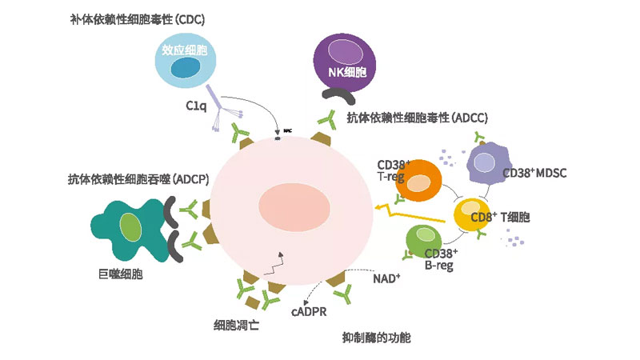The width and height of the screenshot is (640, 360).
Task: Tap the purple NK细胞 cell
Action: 346,61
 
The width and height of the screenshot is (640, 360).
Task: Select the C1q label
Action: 196,105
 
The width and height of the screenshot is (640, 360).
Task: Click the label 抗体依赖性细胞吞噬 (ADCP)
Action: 138,180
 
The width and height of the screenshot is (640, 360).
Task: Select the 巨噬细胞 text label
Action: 115,274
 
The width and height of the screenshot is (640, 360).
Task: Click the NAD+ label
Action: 386,279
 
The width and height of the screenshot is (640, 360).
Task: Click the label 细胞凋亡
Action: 236,325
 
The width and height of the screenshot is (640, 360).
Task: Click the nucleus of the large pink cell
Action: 286,206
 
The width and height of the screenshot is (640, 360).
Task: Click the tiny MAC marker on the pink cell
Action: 278,130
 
